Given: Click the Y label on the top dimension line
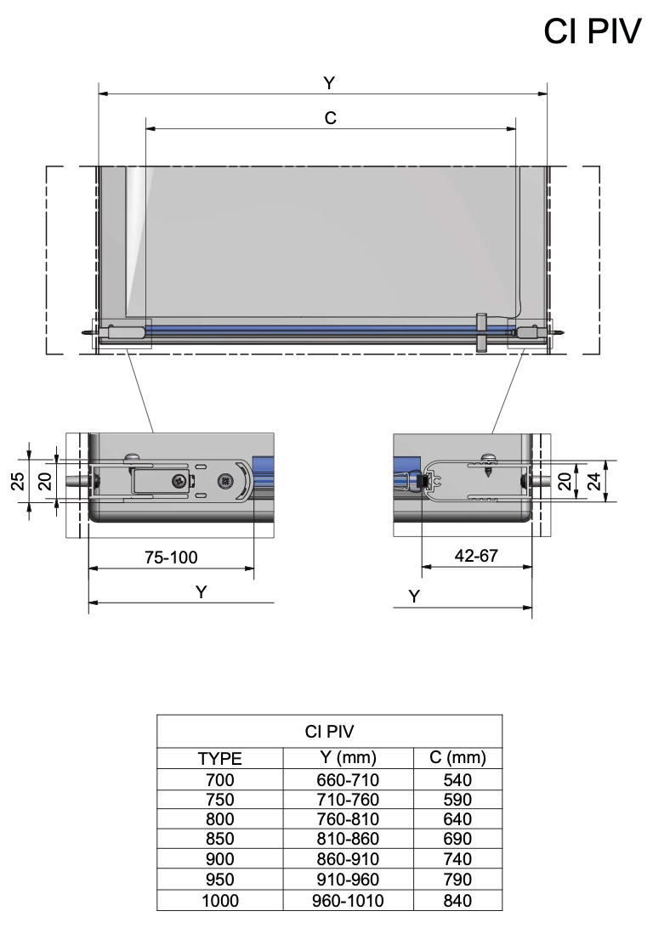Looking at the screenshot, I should [x=329, y=82].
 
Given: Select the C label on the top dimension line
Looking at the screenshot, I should [x=330, y=119].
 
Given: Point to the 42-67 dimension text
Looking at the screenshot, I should [x=477, y=557].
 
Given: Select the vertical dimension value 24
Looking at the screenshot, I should [x=594, y=481].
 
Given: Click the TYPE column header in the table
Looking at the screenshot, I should [x=219, y=758].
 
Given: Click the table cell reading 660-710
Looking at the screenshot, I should [x=347, y=778].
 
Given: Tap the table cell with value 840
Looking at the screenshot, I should [x=457, y=900].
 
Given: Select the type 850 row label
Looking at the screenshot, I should [x=219, y=839].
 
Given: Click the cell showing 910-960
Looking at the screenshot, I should [x=347, y=880].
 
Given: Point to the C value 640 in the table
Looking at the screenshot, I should [x=457, y=819].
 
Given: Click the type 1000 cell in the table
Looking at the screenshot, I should [x=219, y=900].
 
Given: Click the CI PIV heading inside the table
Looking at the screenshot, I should [x=329, y=731].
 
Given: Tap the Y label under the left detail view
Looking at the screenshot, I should [x=201, y=592].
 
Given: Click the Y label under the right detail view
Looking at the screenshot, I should [x=414, y=597].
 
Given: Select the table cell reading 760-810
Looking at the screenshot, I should [x=347, y=819].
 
